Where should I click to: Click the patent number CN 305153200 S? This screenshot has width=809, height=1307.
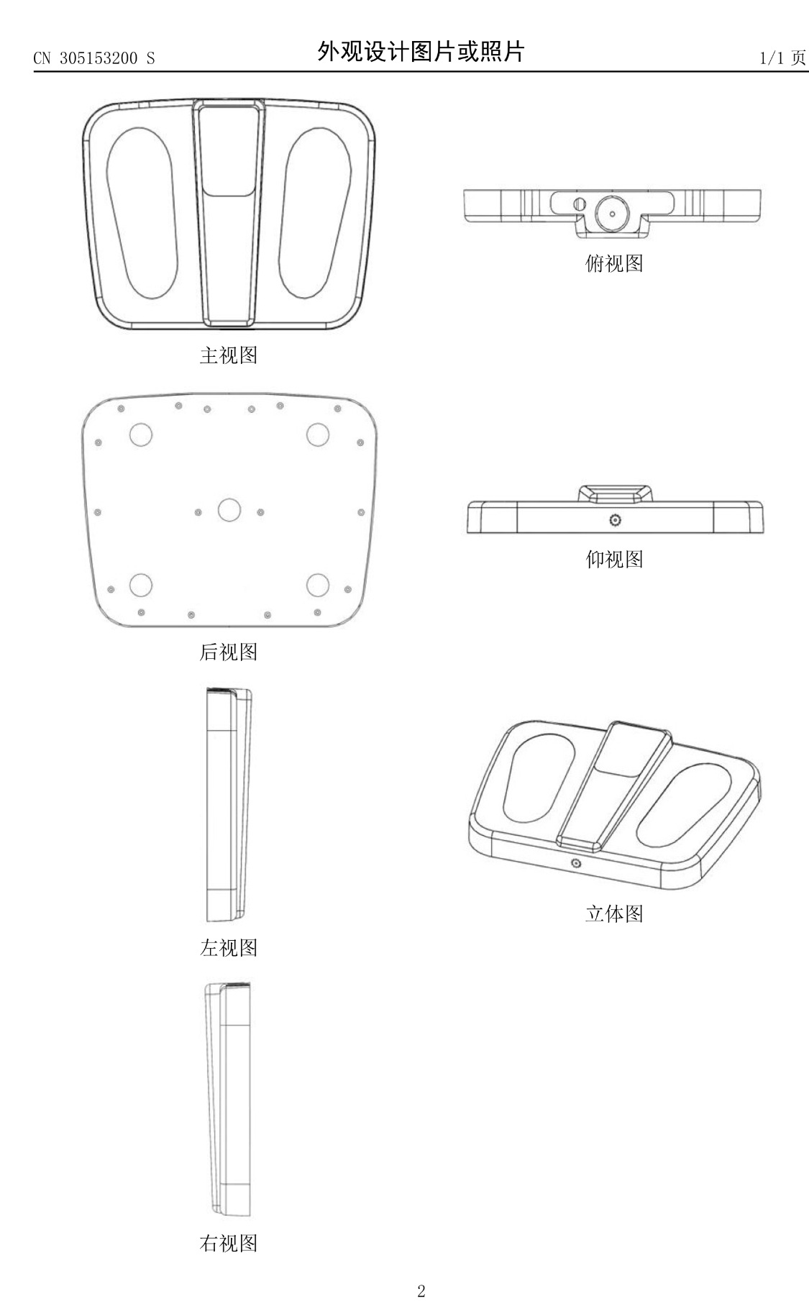[94, 58]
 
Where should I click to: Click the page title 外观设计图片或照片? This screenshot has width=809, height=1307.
[421, 52]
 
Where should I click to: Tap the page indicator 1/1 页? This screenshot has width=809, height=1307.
[783, 58]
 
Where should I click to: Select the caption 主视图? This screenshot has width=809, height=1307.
[228, 355]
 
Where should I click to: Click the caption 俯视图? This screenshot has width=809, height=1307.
[614, 263]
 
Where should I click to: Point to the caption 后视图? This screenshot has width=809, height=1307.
[228, 652]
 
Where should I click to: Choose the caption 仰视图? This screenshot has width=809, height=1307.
[614, 559]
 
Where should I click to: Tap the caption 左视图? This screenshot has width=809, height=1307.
[228, 948]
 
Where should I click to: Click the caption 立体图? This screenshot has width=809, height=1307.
[614, 914]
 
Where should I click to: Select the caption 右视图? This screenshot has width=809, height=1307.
[228, 1243]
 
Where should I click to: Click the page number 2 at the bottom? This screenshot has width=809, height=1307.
[421, 1290]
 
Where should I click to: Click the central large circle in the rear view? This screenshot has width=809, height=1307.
[229, 509]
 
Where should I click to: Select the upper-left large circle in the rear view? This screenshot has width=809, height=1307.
[141, 434]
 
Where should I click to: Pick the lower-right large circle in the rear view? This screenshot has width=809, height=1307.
[318, 586]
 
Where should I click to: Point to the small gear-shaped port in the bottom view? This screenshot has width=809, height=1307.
[615, 520]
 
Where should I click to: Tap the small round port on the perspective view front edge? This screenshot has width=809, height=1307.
[575, 863]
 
